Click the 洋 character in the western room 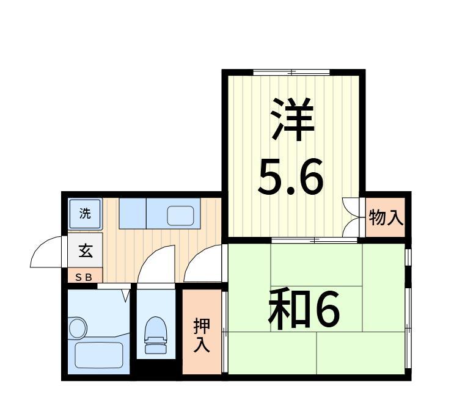point(291,120)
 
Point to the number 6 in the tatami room point(326,310)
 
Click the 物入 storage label point(386,217)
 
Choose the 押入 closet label point(202,335)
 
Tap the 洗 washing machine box point(85,214)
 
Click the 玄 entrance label point(85,250)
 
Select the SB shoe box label point(84,277)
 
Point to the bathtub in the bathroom point(99,354)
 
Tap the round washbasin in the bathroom point(78,327)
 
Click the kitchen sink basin point(180,215)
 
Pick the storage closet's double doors point(352,217)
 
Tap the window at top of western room point(291,73)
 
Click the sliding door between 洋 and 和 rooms point(314,240)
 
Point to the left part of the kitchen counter point(133,213)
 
